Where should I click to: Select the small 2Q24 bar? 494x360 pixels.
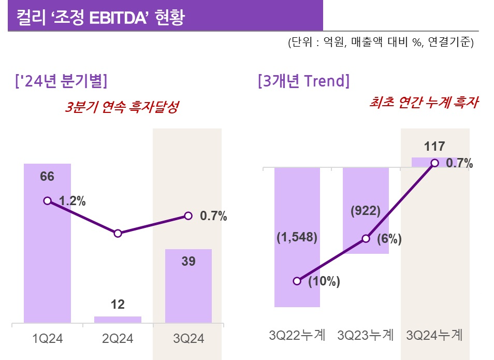coord(118,320)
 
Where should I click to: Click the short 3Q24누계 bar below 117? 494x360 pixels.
coord(434,162)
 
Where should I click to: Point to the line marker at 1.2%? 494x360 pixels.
coord(47,200)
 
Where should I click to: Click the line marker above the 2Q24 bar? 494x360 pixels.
coord(118,234)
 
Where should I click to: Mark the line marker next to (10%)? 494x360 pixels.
coord(297,281)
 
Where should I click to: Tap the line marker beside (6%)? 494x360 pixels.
coord(366,239)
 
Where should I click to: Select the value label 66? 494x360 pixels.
coord(47,177)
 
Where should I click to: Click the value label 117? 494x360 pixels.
coord(434,147)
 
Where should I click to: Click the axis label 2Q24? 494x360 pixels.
coord(118,339)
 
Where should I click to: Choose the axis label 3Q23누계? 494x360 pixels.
coord(366,335)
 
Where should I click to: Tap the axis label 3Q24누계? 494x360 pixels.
coord(434,335)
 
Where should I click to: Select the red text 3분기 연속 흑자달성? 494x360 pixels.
coord(122,107)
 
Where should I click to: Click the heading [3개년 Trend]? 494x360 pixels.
coord(303,81)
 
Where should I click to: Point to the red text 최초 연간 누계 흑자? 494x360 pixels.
coord(423,103)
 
